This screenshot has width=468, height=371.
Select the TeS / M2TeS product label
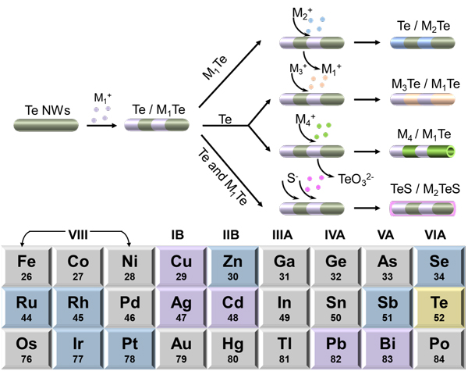(422, 189)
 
